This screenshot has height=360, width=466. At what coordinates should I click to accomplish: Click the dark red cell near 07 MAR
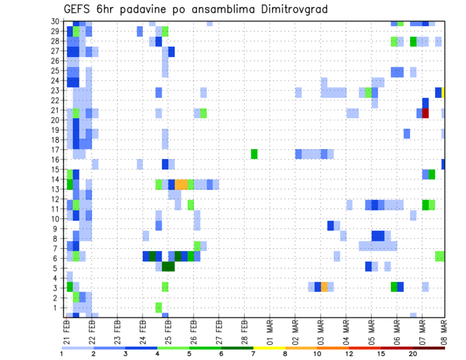(x=426, y=113)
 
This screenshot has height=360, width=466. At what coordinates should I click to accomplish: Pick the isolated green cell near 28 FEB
(x=254, y=154)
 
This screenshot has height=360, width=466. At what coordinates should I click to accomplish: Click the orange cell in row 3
(x=324, y=286)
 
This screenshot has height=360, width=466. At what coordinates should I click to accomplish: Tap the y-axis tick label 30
(x=57, y=21)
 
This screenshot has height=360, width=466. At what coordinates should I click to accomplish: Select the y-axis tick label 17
(x=57, y=150)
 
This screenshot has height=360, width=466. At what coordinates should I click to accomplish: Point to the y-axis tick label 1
(x=59, y=308)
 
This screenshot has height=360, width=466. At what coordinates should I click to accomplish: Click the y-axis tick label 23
(x=57, y=90)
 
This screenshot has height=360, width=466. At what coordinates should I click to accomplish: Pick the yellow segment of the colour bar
(x=269, y=348)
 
